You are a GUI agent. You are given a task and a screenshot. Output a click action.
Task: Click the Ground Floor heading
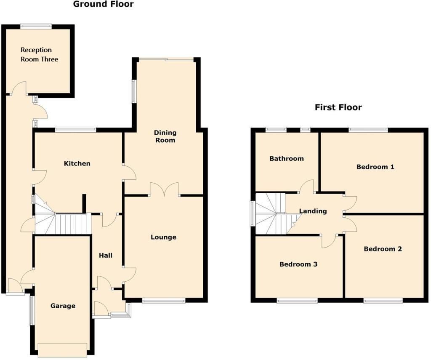pos(104,4)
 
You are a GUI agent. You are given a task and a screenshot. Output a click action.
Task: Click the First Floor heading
pos(338,107)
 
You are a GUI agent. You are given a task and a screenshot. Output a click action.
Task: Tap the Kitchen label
pos(77,164)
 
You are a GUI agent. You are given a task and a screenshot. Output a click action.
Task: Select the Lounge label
pos(164,237)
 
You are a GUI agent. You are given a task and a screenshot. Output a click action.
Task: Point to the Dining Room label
pos(165,136)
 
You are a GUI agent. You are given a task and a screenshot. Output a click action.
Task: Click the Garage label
pos(63,306)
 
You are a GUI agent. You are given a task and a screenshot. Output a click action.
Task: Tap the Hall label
pos(106,256)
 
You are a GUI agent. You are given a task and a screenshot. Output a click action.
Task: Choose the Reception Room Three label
pos(39,54)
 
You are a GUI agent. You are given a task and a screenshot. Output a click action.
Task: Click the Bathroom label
pos(287,159)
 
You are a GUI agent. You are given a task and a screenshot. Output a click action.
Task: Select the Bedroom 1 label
pos(375,167)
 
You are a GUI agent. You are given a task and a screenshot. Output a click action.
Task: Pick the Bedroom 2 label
pos(383,249)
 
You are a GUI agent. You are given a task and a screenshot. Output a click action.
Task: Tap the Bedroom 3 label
pos(298,264)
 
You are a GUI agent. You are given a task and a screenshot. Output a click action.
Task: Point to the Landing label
pos(313,211)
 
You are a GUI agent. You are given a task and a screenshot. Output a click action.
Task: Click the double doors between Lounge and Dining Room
pos(165,190)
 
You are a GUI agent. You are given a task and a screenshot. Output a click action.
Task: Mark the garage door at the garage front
pos(63,350)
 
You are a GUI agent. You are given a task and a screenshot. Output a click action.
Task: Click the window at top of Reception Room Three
pos(36,27)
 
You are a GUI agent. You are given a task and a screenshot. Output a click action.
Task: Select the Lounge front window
pos(164,301)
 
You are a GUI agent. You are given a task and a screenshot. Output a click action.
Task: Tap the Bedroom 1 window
pos(368,130)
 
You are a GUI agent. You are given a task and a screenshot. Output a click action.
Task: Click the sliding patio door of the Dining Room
pos(166,59)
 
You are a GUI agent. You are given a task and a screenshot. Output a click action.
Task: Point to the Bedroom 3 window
pos(297,301)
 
